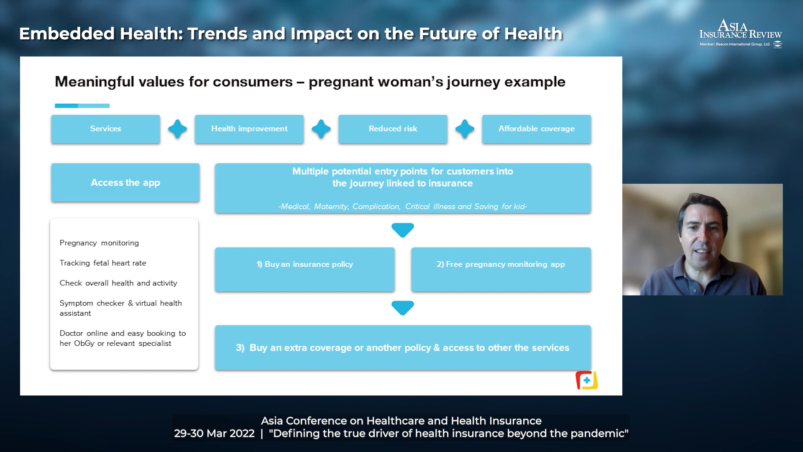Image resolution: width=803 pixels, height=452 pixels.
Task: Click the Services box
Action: click(105, 129)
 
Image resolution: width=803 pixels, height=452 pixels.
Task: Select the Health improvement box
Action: click(249, 129)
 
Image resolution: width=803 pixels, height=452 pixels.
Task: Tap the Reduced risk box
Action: click(393, 129)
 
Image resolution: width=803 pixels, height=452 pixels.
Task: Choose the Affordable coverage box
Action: click(537, 129)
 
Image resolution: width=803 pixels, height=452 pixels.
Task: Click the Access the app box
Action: click(125, 182)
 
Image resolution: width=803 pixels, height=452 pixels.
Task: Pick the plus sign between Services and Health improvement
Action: click(177, 129)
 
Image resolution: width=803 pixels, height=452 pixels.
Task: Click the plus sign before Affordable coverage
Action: click(465, 129)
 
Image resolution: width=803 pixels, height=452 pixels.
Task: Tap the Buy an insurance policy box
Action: click(305, 269)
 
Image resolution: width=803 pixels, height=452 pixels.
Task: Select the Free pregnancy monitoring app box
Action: click(501, 269)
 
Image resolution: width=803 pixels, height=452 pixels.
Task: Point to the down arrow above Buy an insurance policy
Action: click(403, 230)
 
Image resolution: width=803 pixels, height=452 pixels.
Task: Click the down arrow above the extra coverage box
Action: click(403, 308)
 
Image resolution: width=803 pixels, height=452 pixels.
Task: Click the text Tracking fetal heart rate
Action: click(103, 263)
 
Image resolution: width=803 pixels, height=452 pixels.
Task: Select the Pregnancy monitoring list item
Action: click(99, 243)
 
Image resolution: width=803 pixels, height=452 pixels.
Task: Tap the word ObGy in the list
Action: click(84, 344)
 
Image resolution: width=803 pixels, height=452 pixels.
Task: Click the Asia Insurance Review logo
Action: click(741, 33)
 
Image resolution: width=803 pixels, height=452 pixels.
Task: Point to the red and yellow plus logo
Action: click(587, 380)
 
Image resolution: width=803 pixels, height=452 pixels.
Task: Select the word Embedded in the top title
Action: click(67, 33)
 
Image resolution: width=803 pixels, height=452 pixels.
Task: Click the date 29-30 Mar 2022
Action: click(214, 434)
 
